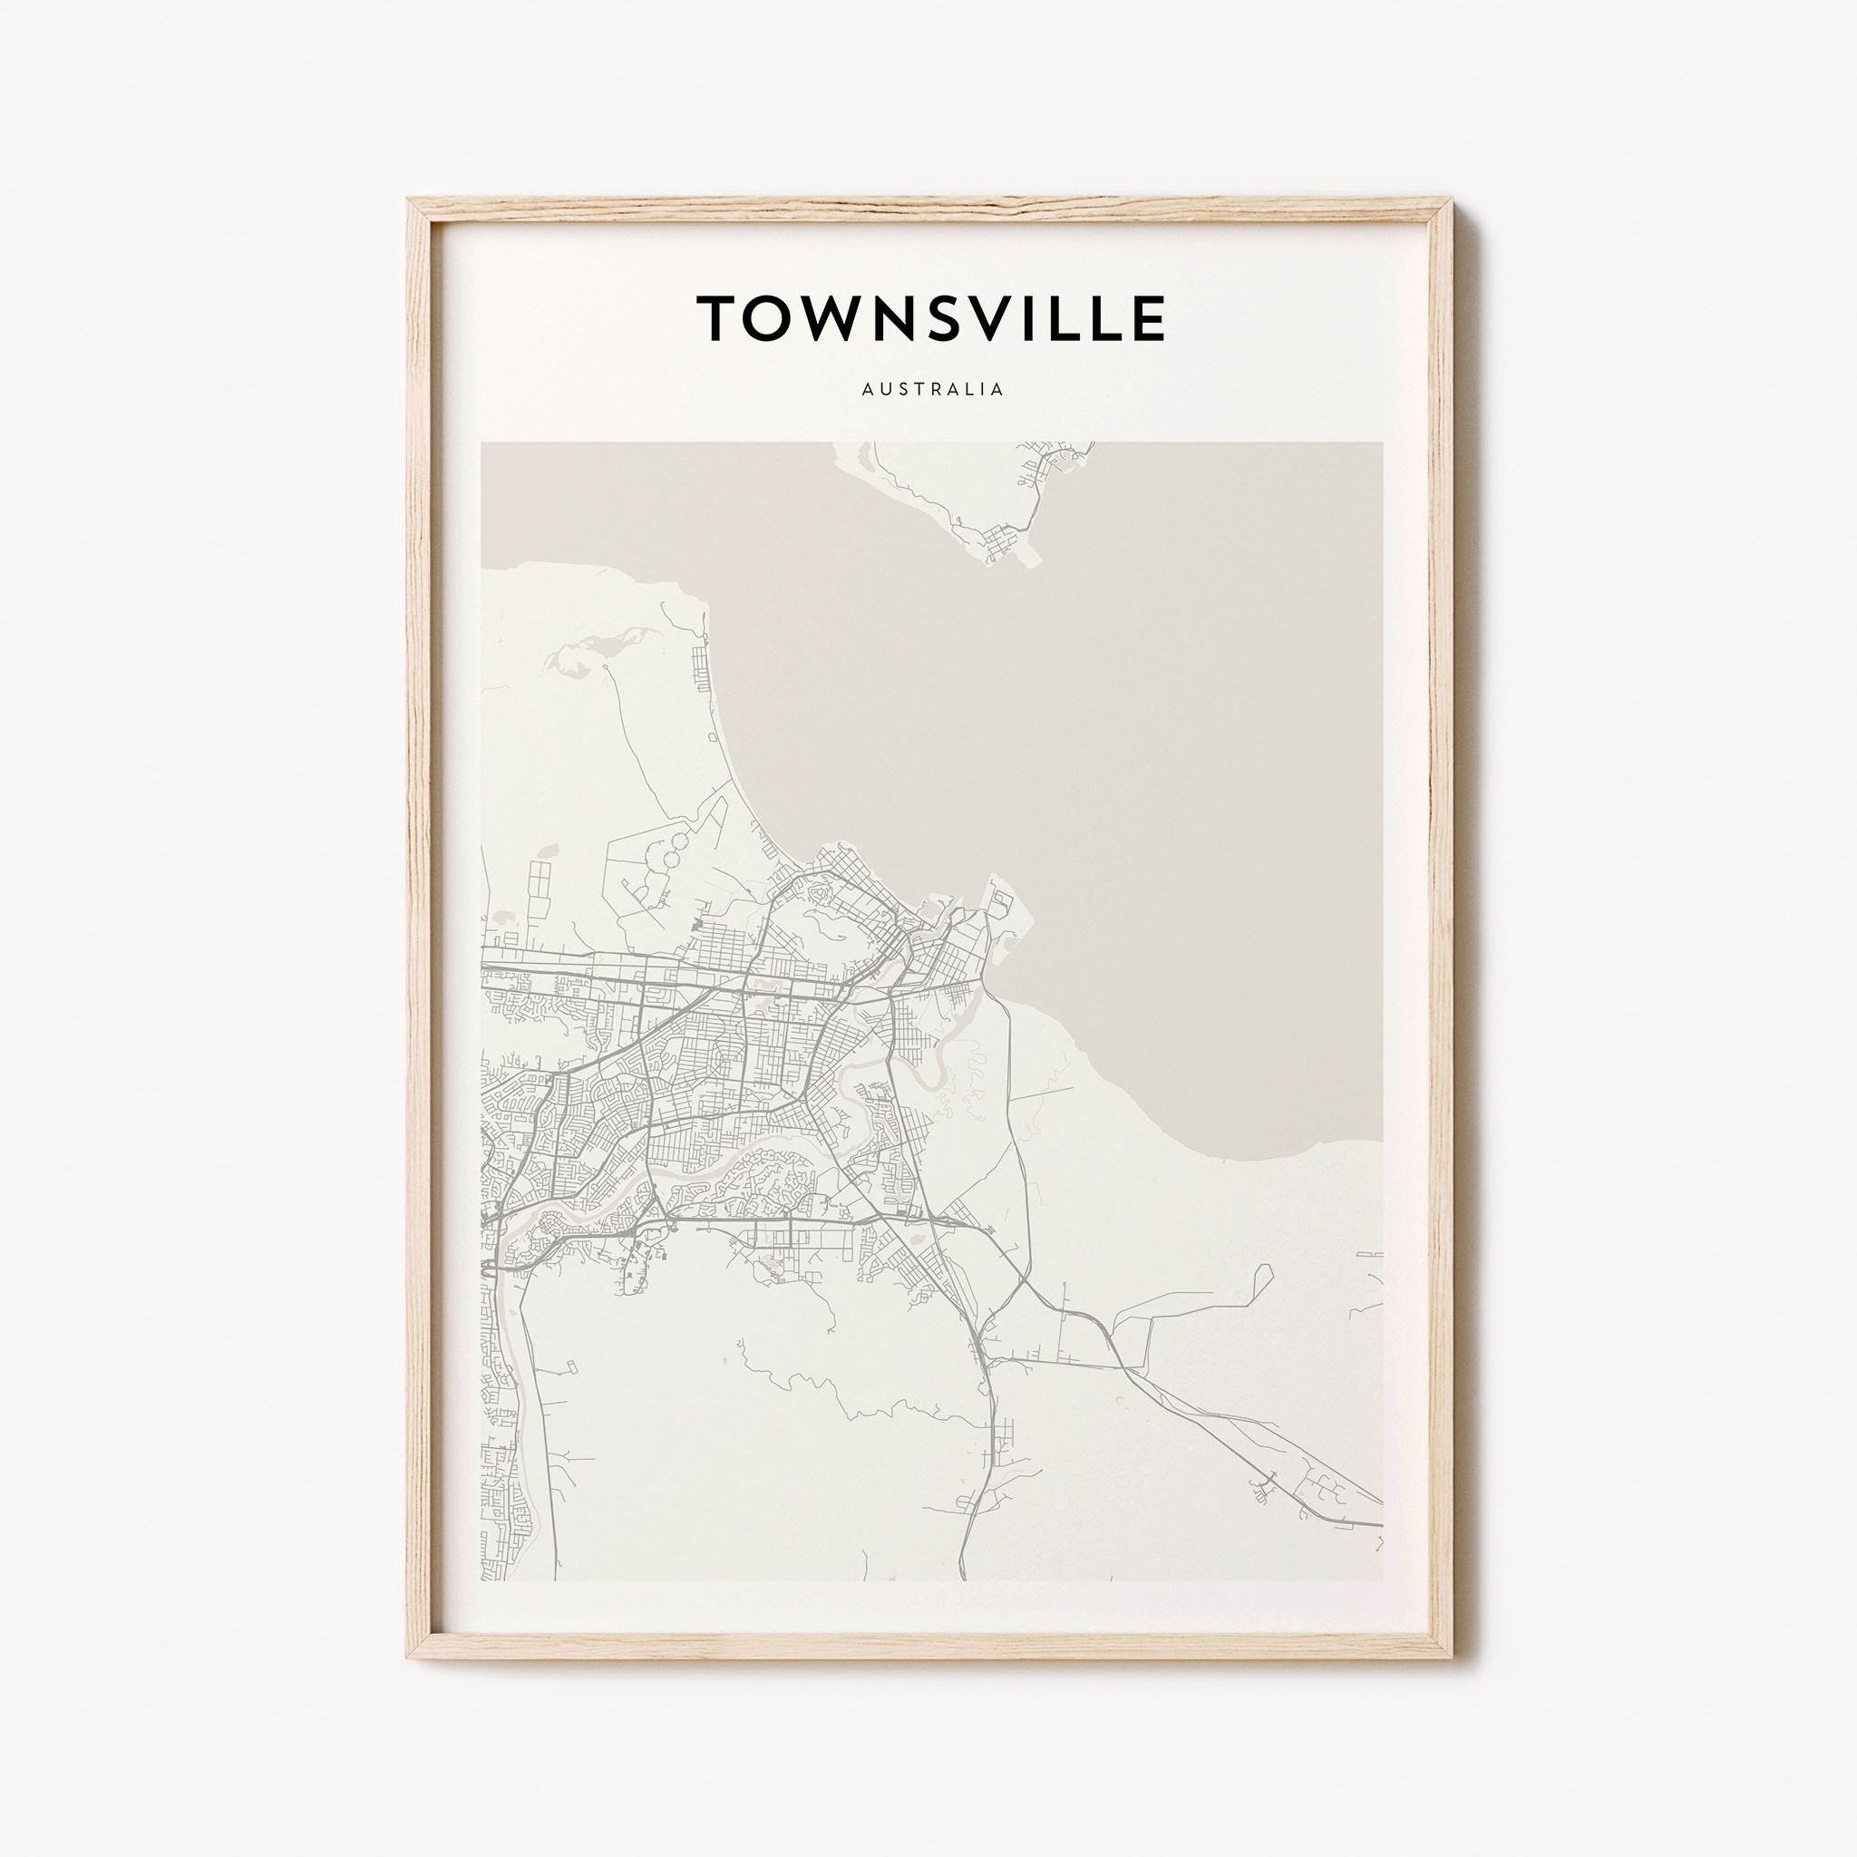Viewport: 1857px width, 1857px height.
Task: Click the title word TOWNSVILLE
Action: [x=930, y=318]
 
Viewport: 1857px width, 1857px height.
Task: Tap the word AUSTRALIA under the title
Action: [x=932, y=389]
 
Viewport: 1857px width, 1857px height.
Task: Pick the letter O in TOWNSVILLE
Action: [x=772, y=318]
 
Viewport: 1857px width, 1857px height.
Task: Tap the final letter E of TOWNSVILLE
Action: [x=1146, y=318]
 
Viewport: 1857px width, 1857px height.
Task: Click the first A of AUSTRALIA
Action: [x=868, y=389]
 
